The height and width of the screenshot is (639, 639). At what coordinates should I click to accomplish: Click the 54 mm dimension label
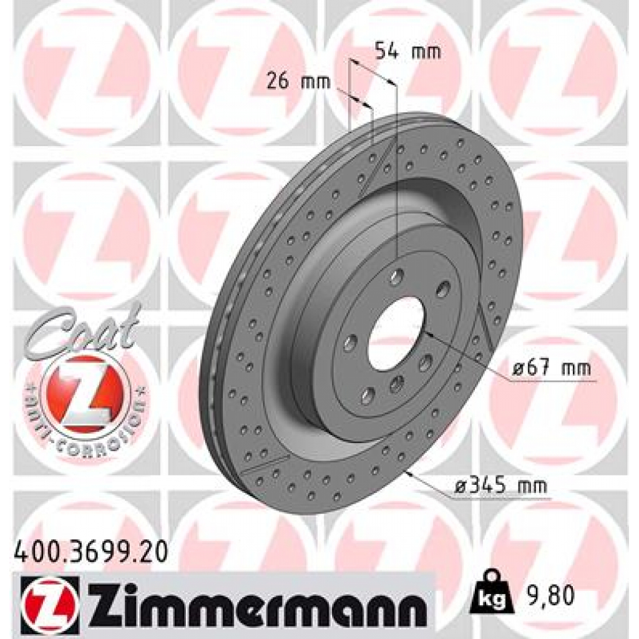407,51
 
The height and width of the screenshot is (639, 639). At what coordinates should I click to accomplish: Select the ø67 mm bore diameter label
551,368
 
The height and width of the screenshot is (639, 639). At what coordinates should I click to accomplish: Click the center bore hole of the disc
396,333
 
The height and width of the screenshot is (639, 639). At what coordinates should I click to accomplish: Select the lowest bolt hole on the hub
368,395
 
